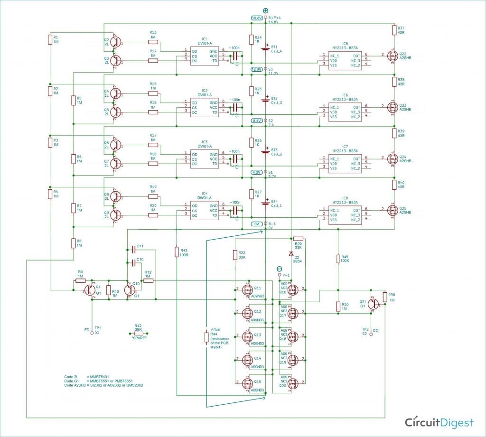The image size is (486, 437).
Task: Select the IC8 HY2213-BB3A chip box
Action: click(x=345, y=214)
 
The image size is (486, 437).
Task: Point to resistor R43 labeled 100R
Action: click(x=177, y=252)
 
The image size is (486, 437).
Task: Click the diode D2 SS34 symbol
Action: click(x=291, y=252)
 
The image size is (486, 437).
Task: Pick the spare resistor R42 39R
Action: click(x=139, y=334)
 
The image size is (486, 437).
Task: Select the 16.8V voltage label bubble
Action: click(x=257, y=18)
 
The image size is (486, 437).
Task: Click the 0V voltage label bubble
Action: click(x=257, y=224)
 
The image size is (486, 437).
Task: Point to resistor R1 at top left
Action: click(x=49, y=39)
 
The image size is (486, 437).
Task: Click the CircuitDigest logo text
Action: click(x=439, y=422)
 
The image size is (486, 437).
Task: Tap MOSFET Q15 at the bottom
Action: click(x=247, y=383)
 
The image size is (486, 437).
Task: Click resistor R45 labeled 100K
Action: click(x=338, y=259)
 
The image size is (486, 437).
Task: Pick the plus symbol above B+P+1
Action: click(x=265, y=10)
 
